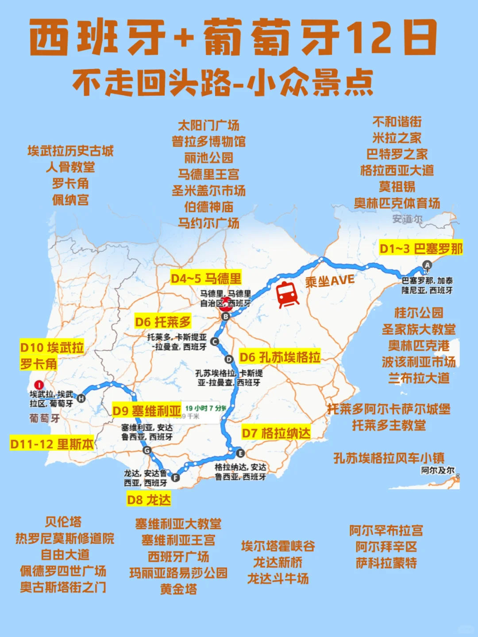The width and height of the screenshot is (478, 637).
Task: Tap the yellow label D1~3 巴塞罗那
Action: click(421, 249)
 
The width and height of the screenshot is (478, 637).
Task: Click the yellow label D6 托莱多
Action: click(163, 322)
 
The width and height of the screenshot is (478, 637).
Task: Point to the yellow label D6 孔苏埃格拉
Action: click(280, 357)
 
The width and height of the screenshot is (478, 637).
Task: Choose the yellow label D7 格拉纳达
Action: click(276, 432)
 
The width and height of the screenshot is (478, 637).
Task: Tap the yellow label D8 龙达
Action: click(149, 500)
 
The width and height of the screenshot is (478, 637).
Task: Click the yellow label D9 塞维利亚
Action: click(146, 411)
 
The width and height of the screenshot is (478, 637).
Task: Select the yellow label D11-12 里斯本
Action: click(52, 444)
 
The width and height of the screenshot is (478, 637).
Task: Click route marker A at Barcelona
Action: click(427, 265)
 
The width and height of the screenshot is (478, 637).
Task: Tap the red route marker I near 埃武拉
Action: click(39, 385)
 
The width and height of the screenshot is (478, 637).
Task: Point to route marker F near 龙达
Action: click(175, 477)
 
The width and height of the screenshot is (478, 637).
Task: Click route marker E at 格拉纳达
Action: click(240, 453)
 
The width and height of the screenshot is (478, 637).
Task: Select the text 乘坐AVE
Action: click(330, 281)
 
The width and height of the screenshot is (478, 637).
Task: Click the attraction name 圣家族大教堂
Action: click(418, 329)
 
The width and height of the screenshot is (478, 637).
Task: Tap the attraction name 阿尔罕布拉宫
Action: click(386, 530)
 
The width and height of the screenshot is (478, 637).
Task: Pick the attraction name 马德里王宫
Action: click(208, 174)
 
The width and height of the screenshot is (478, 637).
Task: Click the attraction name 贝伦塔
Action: click(63, 522)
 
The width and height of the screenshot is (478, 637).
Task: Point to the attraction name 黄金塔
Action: click(178, 589)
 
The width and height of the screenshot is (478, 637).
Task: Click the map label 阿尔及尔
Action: click(437, 470)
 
